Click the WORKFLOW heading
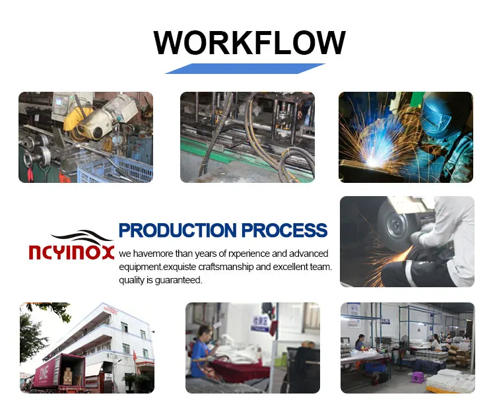(x=249, y=43)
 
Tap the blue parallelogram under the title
(x=245, y=69)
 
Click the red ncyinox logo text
(x=71, y=252)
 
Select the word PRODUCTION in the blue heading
(x=178, y=230)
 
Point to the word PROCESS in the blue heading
(x=284, y=230)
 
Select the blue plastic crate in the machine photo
(x=115, y=170)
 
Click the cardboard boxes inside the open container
(x=68, y=376)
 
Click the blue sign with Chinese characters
(x=260, y=323)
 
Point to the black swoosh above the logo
(x=82, y=236)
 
